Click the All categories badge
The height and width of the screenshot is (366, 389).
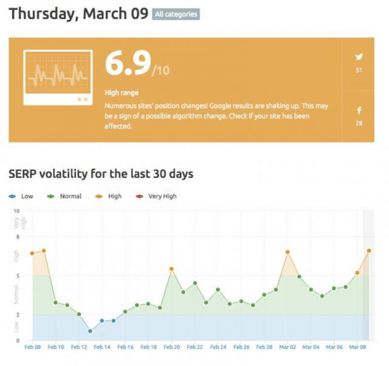(x=176, y=14)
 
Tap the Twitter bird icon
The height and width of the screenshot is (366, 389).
(x=358, y=57)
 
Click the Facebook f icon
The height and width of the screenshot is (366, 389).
(x=358, y=111)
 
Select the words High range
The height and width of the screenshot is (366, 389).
(x=121, y=93)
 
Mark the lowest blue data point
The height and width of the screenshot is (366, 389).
(x=90, y=331)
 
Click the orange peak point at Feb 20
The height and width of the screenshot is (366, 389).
(x=171, y=269)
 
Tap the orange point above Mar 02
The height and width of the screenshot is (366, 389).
(x=287, y=252)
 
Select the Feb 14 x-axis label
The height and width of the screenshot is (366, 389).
(x=102, y=347)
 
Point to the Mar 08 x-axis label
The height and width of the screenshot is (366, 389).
(x=357, y=347)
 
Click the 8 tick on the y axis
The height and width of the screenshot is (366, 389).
(x=18, y=237)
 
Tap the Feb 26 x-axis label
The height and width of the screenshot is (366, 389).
(x=241, y=347)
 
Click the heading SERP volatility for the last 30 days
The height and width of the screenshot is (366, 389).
(x=101, y=174)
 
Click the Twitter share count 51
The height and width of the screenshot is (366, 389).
(x=358, y=71)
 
